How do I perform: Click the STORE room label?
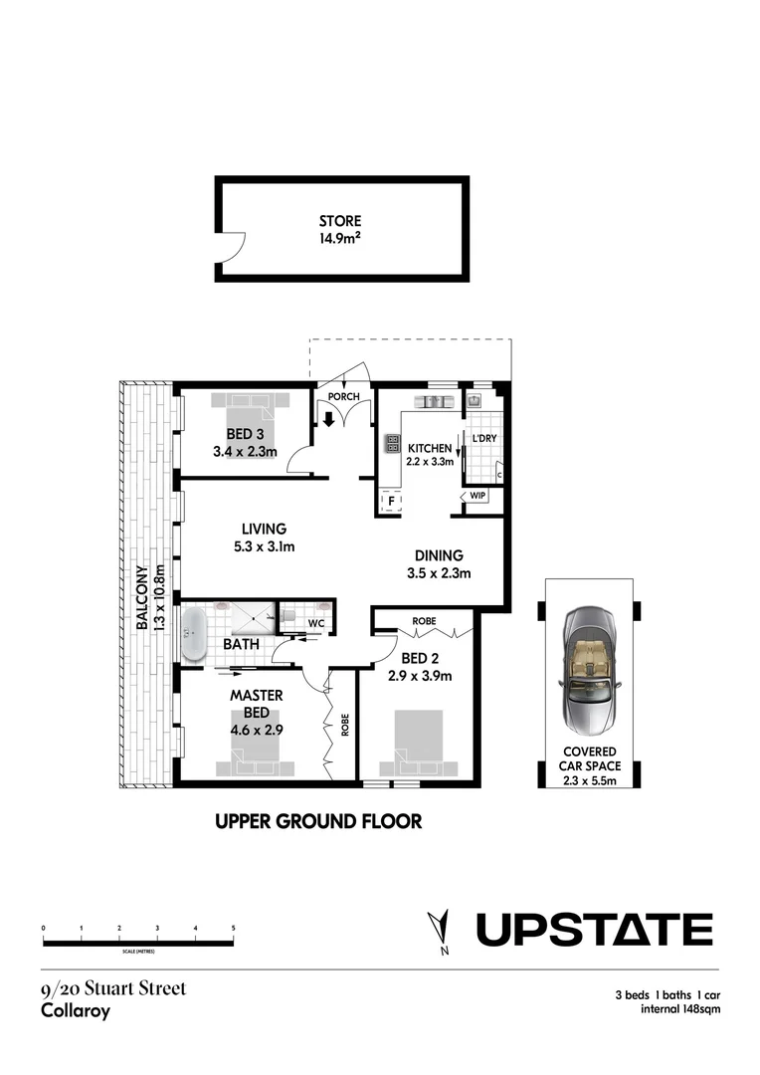click(x=340, y=221)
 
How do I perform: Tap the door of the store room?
click(x=232, y=251)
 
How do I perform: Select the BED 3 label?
click(x=244, y=434)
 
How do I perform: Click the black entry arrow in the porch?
click(x=328, y=419)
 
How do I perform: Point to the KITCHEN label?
click(x=428, y=448)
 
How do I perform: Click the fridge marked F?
click(x=391, y=502)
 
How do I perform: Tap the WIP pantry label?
click(x=477, y=496)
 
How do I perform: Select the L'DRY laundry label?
click(x=483, y=438)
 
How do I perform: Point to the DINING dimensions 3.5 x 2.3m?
click(x=438, y=572)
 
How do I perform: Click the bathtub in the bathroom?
click(x=193, y=633)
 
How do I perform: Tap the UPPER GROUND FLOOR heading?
click(x=318, y=821)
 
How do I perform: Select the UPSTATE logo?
click(x=594, y=930)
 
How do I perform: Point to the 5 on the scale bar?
click(x=233, y=928)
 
